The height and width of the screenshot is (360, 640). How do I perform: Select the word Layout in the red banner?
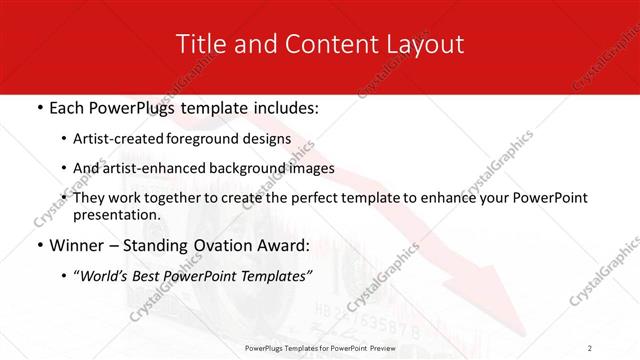click(x=423, y=44)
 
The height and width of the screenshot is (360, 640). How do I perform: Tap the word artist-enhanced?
click(x=142, y=168)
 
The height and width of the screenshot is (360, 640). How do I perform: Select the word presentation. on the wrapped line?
click(x=117, y=214)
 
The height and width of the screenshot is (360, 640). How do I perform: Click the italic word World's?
click(x=104, y=276)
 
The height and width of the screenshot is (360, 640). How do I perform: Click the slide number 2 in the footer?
click(x=590, y=347)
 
